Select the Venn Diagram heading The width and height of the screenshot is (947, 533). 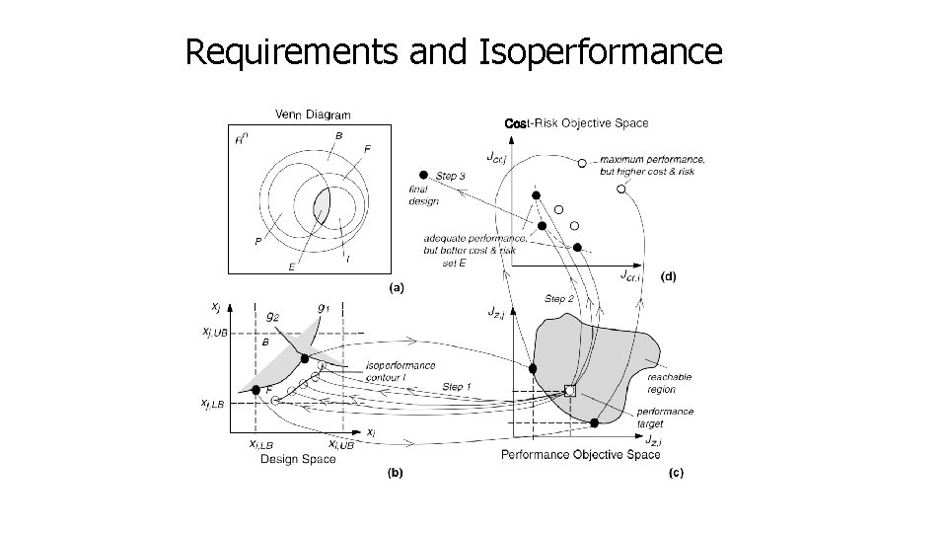[312, 114]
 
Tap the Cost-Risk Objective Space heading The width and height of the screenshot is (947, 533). [576, 123]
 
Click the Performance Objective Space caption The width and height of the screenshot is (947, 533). [581, 454]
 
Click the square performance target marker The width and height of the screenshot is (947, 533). [569, 391]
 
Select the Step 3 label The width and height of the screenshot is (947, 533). [450, 176]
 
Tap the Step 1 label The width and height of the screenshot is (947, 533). [457, 386]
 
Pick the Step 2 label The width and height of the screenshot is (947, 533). [560, 298]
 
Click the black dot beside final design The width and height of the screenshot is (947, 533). [424, 174]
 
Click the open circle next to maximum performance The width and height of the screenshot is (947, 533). [582, 162]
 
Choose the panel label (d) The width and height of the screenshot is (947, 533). [668, 277]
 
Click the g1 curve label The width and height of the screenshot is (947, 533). [322, 308]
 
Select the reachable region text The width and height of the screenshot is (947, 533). [669, 383]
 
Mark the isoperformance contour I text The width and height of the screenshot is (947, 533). [400, 369]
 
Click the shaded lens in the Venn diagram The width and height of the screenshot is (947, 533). [322, 208]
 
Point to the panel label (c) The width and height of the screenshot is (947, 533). [676, 473]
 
